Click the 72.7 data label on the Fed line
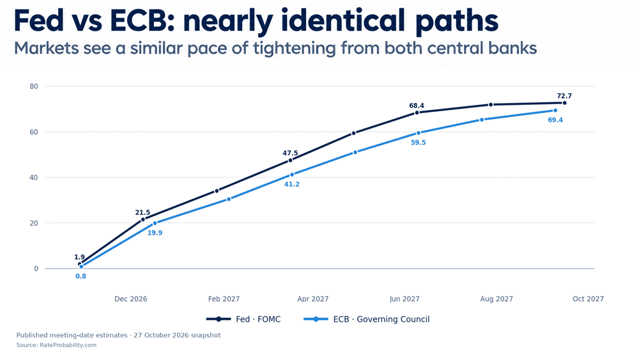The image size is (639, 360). (x=564, y=96)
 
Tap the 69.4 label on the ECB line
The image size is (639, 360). (x=555, y=120)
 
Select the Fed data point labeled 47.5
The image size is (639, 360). (x=290, y=160)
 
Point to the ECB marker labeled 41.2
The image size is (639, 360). (x=292, y=175)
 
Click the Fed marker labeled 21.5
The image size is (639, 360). (x=143, y=220)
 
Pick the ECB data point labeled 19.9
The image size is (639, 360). (x=155, y=223)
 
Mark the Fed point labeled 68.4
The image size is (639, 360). (x=417, y=113)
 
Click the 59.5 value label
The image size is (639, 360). (x=418, y=143)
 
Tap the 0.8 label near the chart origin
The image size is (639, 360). (x=81, y=276)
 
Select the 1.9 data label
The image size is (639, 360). (x=79, y=257)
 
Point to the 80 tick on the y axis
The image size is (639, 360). (x=34, y=86)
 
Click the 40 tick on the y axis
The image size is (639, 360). (x=34, y=178)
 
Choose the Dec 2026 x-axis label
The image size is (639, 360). (x=131, y=299)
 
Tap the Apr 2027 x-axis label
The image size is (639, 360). (x=313, y=299)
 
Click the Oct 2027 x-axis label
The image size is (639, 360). (x=588, y=299)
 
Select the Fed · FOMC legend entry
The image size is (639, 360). (x=243, y=319)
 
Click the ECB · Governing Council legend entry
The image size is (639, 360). (x=367, y=319)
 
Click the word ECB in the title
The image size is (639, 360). (x=138, y=21)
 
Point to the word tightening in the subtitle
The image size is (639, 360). (x=294, y=49)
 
